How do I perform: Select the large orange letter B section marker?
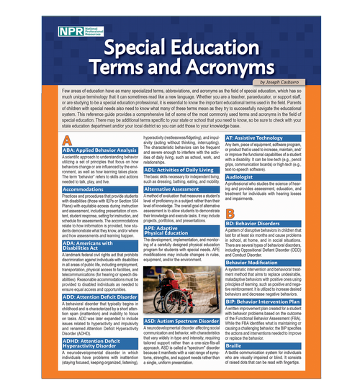229,213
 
